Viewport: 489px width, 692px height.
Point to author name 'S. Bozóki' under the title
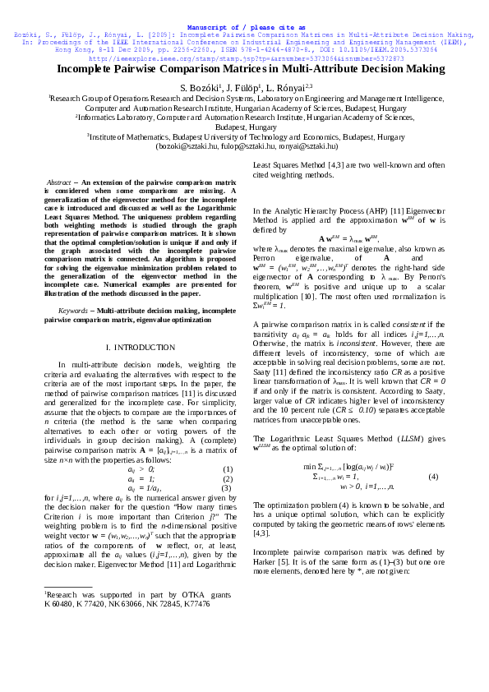point(200,87)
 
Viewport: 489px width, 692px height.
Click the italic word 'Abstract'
point(59,182)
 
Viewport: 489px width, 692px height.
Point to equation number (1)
point(228,469)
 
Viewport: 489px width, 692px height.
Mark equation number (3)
point(228,488)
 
